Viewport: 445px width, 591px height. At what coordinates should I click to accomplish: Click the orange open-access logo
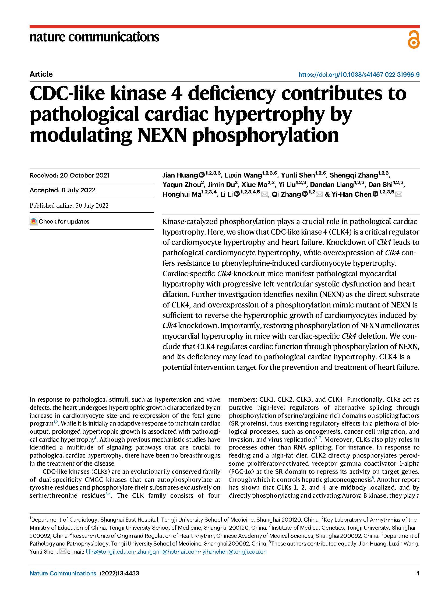pyautogui.click(x=414, y=40)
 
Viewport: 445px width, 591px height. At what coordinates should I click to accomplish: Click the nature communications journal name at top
pyautogui.click(x=94, y=37)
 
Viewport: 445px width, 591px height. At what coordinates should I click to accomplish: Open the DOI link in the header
pyautogui.click(x=359, y=75)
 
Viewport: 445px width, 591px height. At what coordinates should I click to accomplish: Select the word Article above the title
pyautogui.click(x=41, y=74)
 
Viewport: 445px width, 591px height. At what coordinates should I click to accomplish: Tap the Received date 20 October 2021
pyautogui.click(x=69, y=175)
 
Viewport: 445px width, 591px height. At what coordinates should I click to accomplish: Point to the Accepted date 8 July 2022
pyautogui.click(x=62, y=190)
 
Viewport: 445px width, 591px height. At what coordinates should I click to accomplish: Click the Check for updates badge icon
pyautogui.click(x=33, y=221)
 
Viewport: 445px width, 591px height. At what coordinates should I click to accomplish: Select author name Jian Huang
pyautogui.click(x=180, y=175)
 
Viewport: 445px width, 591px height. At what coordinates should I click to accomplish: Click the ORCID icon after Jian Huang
pyautogui.click(x=202, y=175)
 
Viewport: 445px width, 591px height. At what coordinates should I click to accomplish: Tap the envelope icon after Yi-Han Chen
pyautogui.click(x=399, y=194)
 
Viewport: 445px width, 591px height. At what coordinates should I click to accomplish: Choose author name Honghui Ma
pyautogui.click(x=182, y=194)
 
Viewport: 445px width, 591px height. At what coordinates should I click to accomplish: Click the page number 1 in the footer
pyautogui.click(x=418, y=573)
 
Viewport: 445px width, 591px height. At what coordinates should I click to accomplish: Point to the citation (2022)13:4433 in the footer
pyautogui.click(x=119, y=573)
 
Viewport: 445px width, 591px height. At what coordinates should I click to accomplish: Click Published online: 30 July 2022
pyautogui.click(x=69, y=206)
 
